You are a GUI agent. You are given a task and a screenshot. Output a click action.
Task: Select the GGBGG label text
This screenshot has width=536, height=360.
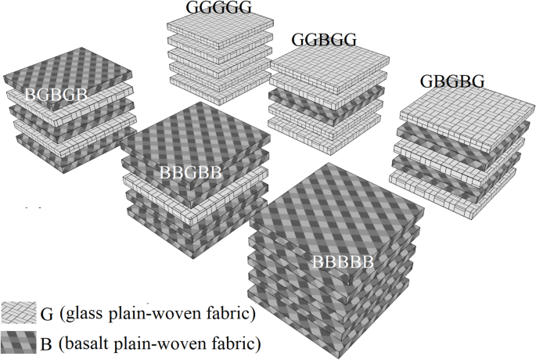[324, 39]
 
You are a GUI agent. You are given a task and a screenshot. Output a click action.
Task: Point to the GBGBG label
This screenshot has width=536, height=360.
[451, 81]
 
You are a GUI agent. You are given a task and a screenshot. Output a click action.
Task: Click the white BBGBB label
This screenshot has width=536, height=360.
[190, 172]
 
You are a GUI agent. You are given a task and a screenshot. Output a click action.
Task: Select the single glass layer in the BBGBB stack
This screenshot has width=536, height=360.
[188, 186]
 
